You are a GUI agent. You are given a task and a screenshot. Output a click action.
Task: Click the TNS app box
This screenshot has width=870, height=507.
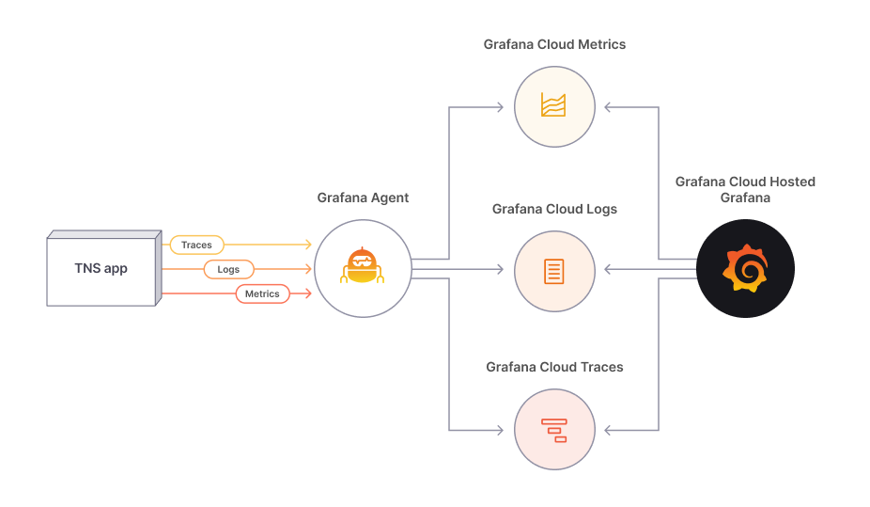tap(101, 269)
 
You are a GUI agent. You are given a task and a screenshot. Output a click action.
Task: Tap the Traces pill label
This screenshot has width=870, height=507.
tap(196, 246)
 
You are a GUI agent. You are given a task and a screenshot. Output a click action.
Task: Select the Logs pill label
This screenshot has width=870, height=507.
tap(228, 270)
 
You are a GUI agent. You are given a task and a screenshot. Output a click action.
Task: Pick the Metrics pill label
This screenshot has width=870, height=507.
tap(262, 293)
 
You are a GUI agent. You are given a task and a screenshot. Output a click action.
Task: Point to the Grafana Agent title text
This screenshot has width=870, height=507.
tap(363, 198)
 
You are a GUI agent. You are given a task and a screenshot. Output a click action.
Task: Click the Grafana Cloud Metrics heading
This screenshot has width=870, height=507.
tap(554, 44)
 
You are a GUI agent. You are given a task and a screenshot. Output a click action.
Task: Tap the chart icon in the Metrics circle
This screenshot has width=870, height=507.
tap(554, 105)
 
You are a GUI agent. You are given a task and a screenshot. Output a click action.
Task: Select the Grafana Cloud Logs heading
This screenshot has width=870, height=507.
tap(554, 209)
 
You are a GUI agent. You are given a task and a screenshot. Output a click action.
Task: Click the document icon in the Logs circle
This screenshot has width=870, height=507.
tap(554, 271)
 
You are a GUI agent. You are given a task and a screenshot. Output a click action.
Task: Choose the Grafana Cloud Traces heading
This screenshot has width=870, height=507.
tap(554, 367)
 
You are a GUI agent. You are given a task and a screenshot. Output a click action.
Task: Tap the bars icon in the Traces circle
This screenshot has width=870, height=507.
tap(554, 429)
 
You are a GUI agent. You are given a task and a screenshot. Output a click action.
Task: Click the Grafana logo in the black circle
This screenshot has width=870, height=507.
tap(745, 269)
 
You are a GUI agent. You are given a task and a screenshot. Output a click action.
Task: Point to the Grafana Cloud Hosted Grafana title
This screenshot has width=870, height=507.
tap(745, 189)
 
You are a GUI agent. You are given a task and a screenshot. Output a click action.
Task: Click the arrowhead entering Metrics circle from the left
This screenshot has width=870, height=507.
tap(499, 107)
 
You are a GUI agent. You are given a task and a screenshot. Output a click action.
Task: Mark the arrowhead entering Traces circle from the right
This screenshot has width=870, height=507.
tap(610, 430)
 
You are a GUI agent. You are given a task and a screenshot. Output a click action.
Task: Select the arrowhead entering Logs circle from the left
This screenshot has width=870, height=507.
tap(499, 270)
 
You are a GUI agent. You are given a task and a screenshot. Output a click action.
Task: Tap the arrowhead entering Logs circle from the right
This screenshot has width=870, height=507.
tap(610, 270)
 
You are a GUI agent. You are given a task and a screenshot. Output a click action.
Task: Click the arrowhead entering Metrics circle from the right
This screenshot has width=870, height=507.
tap(610, 107)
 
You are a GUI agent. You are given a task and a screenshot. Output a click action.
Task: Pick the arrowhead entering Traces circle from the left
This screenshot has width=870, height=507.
tap(499, 430)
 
